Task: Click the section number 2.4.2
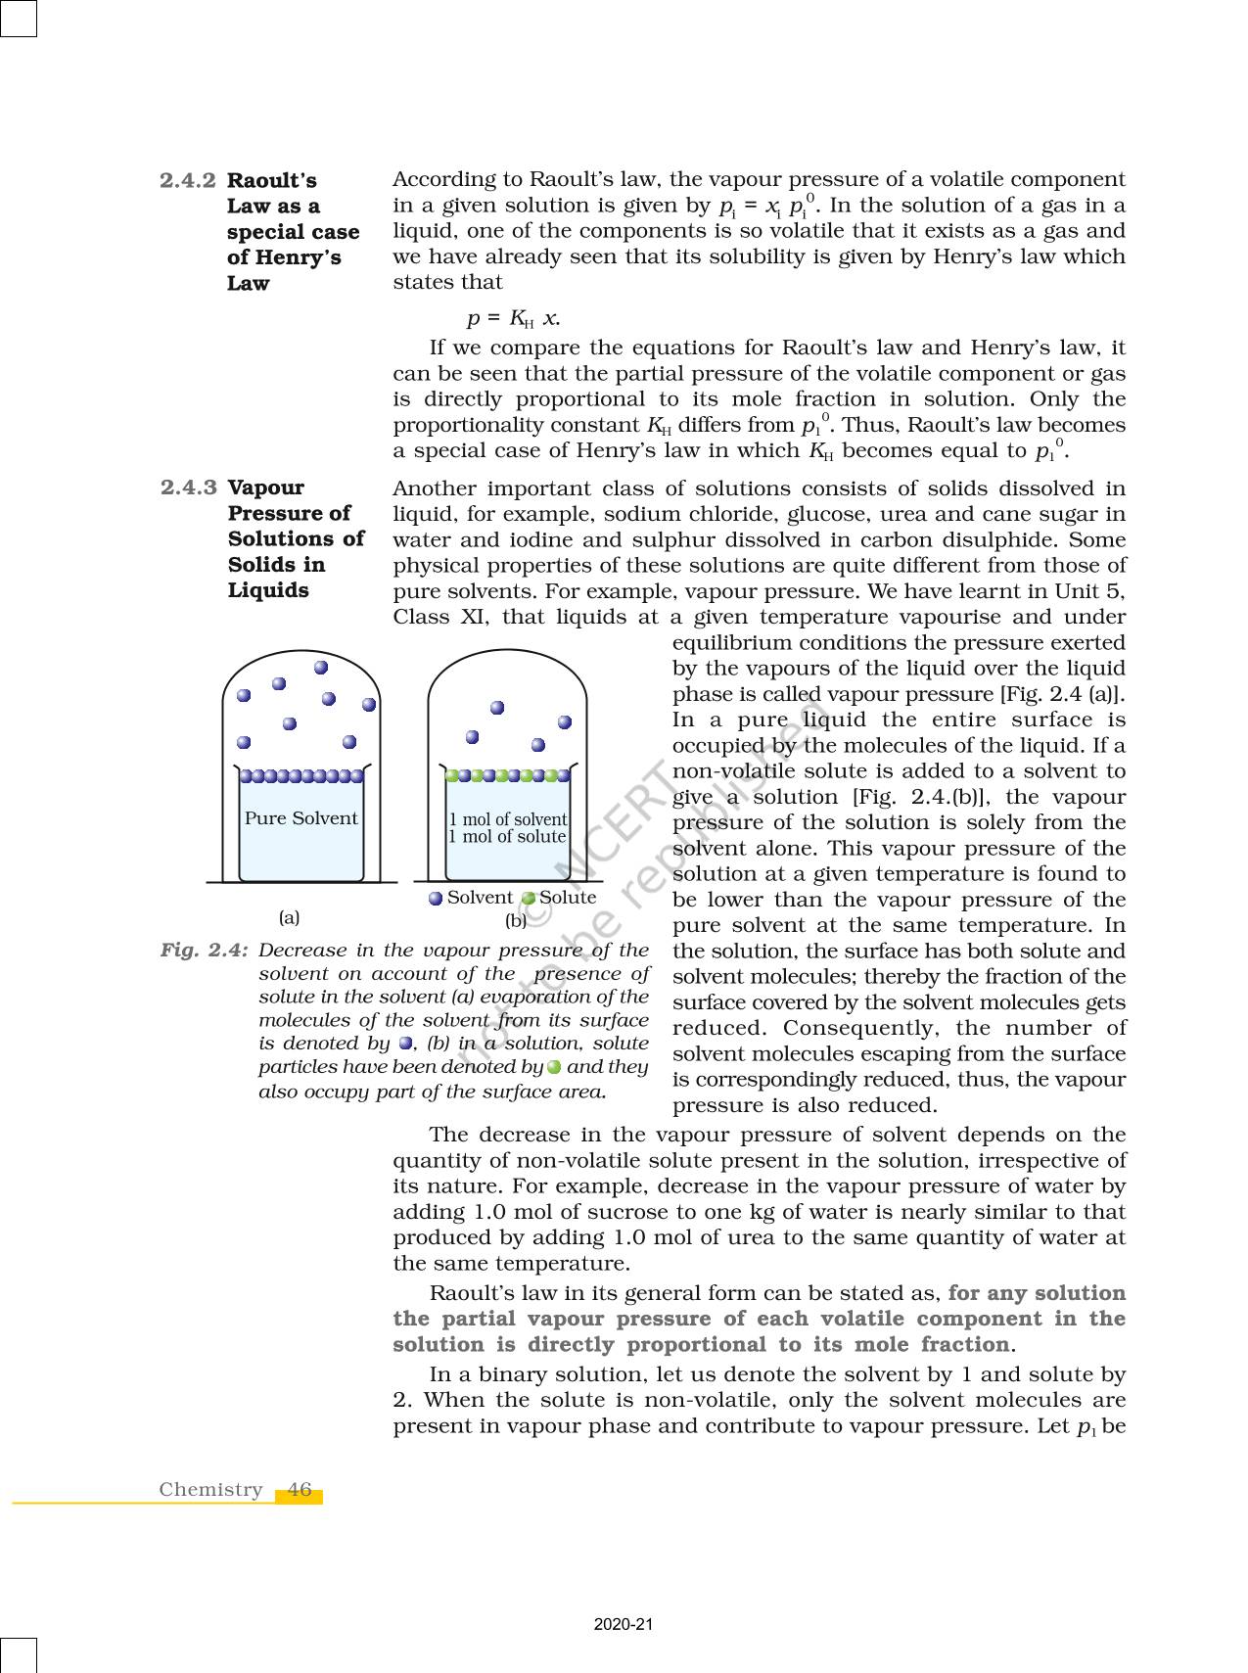pyautogui.click(x=188, y=180)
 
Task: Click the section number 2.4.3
pyautogui.click(x=188, y=488)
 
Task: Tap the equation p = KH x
pyautogui.click(x=513, y=318)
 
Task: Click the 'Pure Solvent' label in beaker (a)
pyautogui.click(x=300, y=818)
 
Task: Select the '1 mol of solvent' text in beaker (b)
pyautogui.click(x=507, y=819)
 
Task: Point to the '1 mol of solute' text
pyautogui.click(x=507, y=837)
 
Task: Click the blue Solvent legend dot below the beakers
pyautogui.click(x=436, y=899)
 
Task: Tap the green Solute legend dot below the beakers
pyautogui.click(x=529, y=899)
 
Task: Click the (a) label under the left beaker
pyautogui.click(x=289, y=918)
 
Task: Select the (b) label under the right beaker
pyautogui.click(x=515, y=920)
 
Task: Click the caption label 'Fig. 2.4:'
pyautogui.click(x=204, y=950)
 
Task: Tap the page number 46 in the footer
pyautogui.click(x=300, y=1489)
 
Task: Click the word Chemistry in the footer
pyautogui.click(x=210, y=1489)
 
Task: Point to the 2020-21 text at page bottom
pyautogui.click(x=624, y=1625)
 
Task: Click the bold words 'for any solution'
pyautogui.click(x=1037, y=1292)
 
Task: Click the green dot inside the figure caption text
pyautogui.click(x=554, y=1067)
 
